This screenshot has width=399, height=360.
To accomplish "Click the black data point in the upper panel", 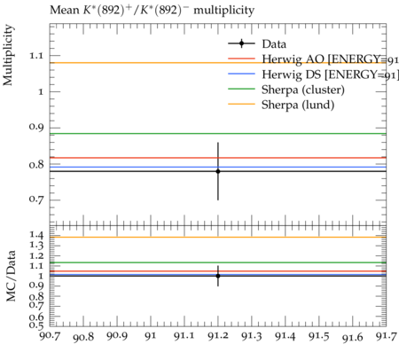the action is (x=218, y=171).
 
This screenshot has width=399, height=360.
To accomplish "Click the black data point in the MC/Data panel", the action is (x=218, y=276).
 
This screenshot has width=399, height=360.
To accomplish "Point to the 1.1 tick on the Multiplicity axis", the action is (x=36, y=56).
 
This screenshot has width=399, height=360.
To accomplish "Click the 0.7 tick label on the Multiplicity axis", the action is (x=36, y=200).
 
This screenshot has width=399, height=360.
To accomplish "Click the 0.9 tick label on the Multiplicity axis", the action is (x=36, y=127).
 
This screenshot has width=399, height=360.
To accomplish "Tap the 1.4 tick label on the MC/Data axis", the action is (x=36, y=235).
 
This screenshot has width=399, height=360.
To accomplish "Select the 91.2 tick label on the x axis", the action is (x=218, y=336).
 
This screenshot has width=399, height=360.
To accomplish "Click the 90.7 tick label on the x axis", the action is (x=50, y=336).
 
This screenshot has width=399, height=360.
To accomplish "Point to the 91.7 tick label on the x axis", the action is (x=386, y=336).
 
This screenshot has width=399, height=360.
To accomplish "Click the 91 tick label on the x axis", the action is (x=151, y=336).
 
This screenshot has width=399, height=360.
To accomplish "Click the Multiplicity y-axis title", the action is (x=8, y=55).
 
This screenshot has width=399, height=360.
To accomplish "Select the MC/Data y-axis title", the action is (x=11, y=276).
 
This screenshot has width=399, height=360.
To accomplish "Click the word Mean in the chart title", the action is (x=65, y=10).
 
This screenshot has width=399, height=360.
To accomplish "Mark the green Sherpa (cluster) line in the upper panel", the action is (x=218, y=134).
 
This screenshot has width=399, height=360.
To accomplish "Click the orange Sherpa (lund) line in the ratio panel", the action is (x=218, y=237).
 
